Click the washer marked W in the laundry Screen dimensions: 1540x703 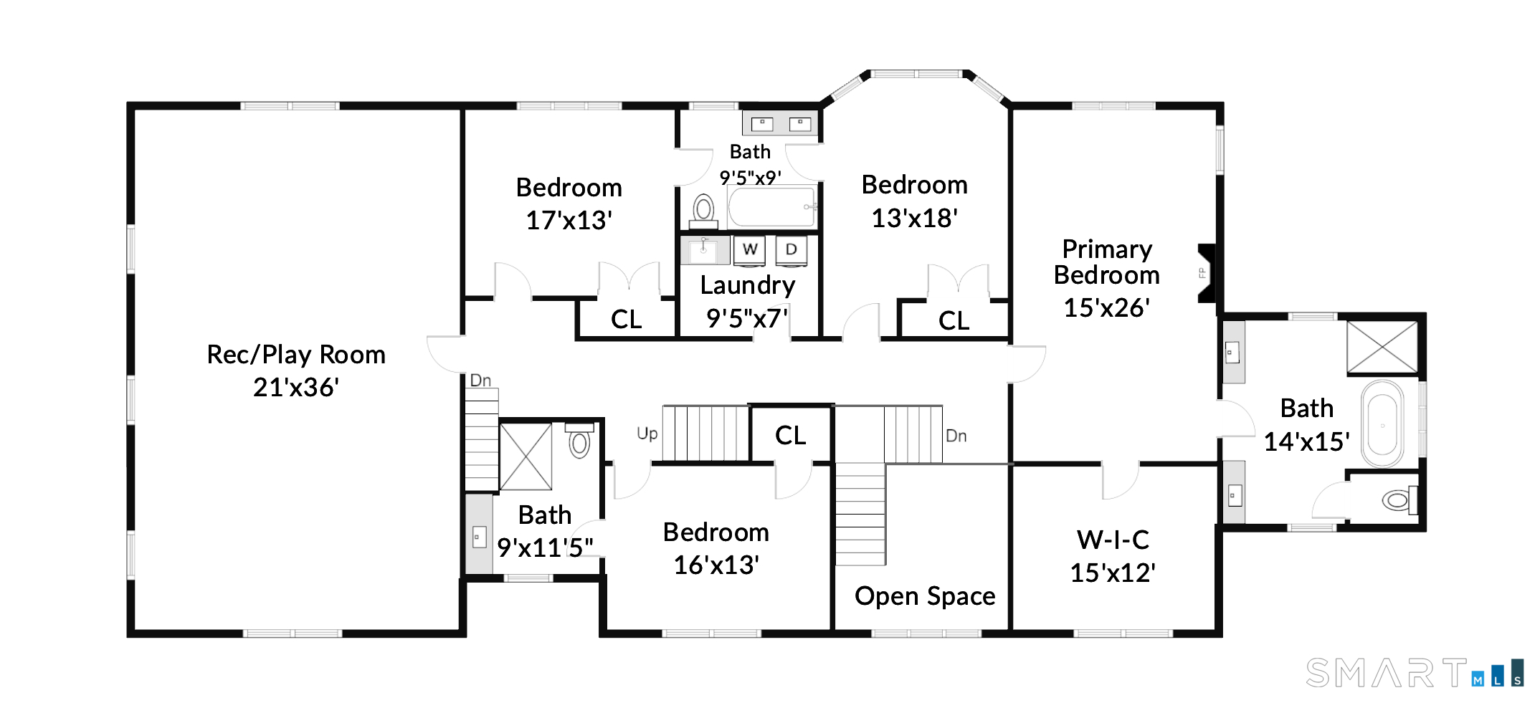tap(749, 250)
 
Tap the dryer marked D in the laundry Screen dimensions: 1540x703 tap(792, 250)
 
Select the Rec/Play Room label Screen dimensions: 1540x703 tap(296, 355)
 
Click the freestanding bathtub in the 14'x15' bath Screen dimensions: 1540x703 tap(1382, 424)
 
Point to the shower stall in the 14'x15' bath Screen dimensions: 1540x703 tap(1382, 348)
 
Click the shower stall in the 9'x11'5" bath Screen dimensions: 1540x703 tap(526, 456)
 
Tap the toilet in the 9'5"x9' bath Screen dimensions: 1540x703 tap(703, 211)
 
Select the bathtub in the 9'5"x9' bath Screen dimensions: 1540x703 tap(772, 206)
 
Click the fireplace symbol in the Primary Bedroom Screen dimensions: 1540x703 tap(1207, 273)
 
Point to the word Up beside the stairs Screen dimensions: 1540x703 tap(647, 434)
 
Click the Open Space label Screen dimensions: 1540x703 tap(925, 596)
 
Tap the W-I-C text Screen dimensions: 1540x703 tap(1113, 540)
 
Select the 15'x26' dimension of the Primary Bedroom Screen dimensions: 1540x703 tap(1106, 307)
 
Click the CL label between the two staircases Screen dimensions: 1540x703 tap(790, 435)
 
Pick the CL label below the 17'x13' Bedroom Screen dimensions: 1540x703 tap(626, 320)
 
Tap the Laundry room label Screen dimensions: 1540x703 tap(748, 286)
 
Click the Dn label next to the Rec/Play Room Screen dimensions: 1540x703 tap(480, 381)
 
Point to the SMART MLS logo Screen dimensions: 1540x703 tap(1415, 674)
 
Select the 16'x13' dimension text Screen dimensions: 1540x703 tap(716, 565)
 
